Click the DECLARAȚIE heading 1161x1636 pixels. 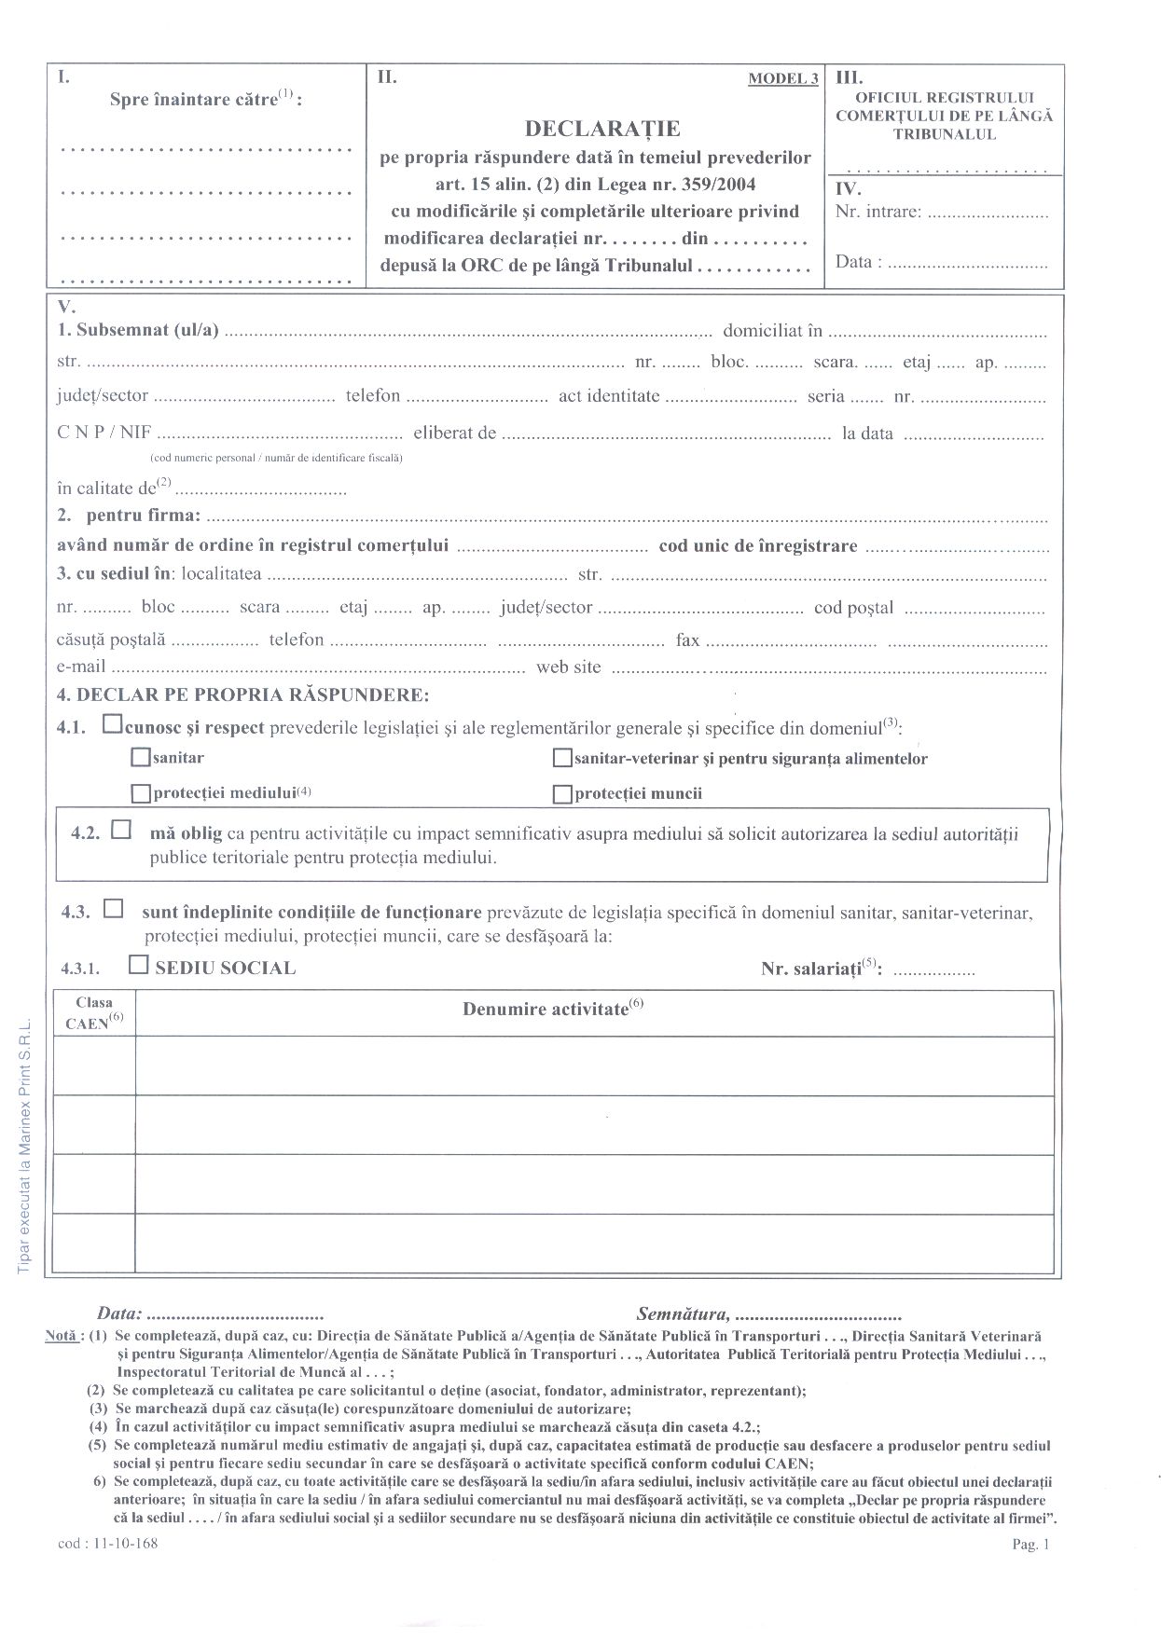[602, 128]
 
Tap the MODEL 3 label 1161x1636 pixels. [782, 78]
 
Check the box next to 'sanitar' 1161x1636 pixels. [141, 758]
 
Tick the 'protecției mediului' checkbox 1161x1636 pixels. [141, 794]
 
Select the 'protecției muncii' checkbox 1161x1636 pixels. [561, 794]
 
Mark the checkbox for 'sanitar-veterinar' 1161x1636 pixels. [561, 758]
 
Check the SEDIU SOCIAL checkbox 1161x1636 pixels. [138, 965]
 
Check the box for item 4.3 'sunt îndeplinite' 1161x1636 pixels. [114, 908]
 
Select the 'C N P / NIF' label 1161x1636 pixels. [104, 433]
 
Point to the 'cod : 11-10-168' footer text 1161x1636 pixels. [107, 1544]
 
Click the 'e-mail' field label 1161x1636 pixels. [81, 667]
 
